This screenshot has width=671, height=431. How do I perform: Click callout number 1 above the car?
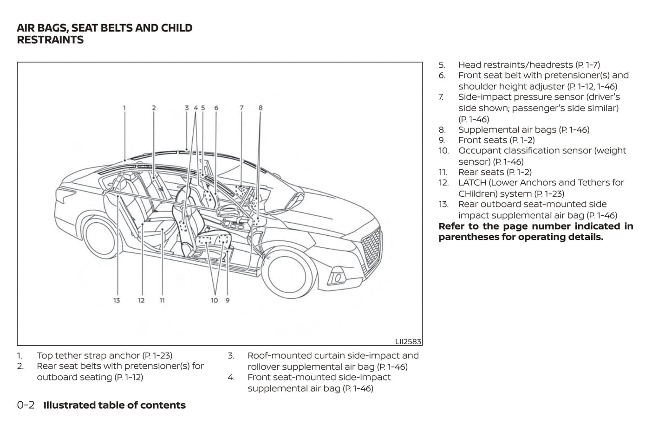tap(124, 108)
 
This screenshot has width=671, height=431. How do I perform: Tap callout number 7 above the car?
tap(241, 108)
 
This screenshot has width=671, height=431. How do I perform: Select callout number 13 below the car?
tap(117, 301)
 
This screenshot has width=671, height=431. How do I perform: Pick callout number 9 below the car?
tap(228, 301)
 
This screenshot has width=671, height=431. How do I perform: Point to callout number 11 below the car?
tap(162, 301)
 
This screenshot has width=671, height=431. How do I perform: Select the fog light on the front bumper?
tap(337, 278)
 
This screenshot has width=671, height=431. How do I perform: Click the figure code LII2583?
tap(408, 341)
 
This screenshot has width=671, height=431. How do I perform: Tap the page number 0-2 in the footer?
tap(26, 405)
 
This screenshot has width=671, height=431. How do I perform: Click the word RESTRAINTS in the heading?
tap(50, 40)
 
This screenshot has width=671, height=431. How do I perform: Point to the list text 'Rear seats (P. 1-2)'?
tap(495, 172)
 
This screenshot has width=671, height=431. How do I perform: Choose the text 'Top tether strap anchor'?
tap(88, 355)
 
